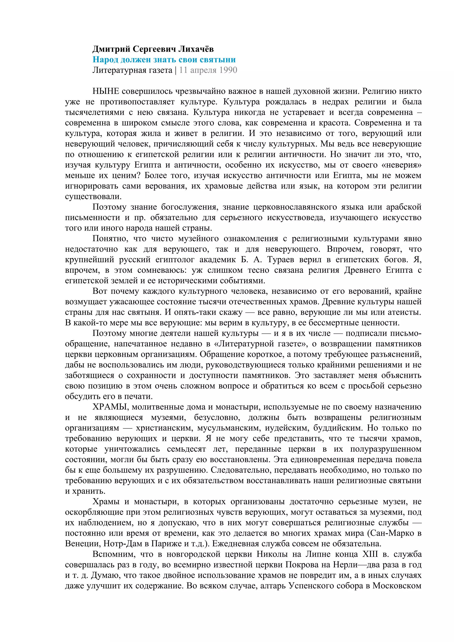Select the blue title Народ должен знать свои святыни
point(164,60)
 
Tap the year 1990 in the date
point(228,70)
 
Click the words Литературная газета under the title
point(132,70)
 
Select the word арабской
point(404,207)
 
